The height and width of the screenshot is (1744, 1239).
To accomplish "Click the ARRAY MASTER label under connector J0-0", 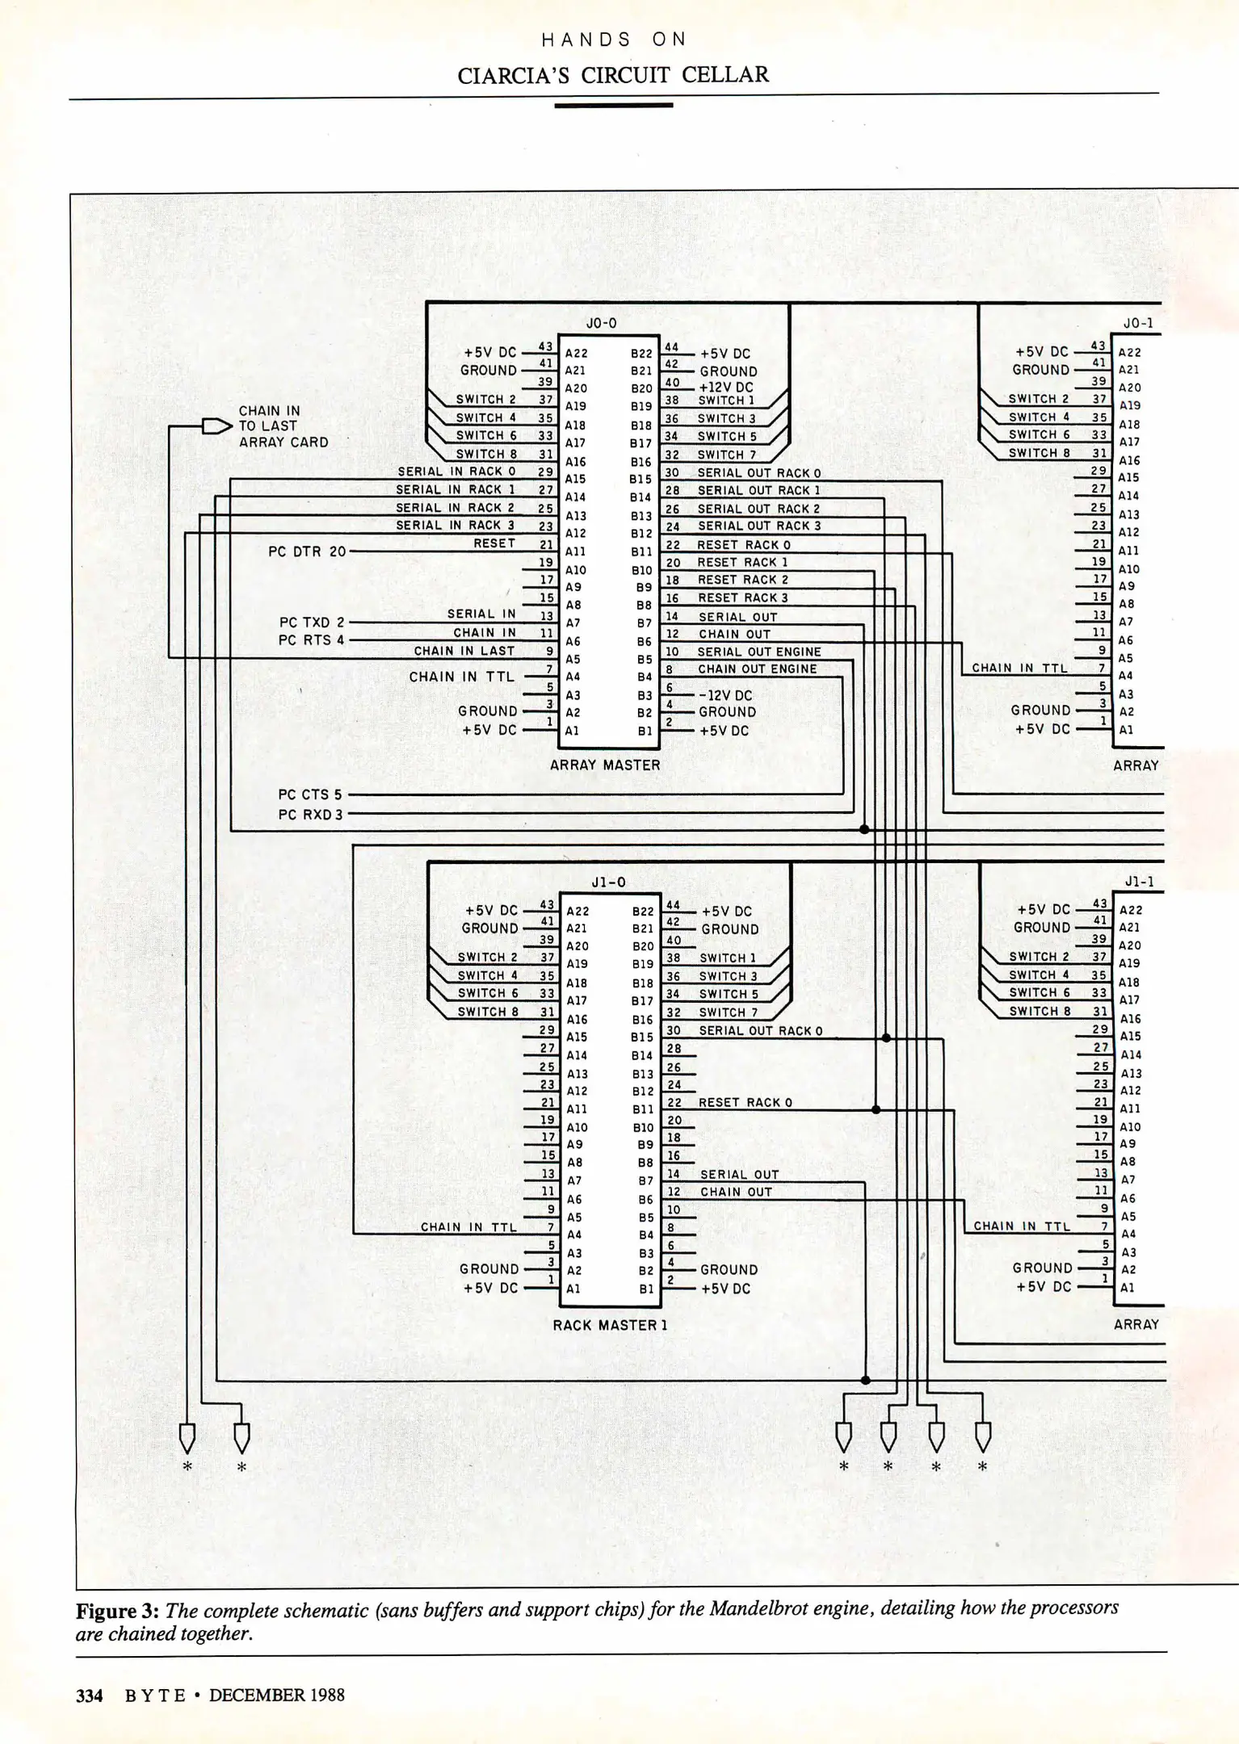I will pyautogui.click(x=605, y=765).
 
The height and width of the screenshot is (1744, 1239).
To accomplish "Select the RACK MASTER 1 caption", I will pyautogui.click(x=610, y=1325).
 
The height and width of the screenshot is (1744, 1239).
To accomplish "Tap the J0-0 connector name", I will pyautogui.click(x=601, y=323).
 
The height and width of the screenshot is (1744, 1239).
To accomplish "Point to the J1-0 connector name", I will pyautogui.click(x=608, y=882).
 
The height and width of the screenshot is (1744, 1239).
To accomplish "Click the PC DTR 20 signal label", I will pyautogui.click(x=307, y=551).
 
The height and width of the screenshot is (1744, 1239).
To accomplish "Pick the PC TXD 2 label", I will pyautogui.click(x=312, y=623).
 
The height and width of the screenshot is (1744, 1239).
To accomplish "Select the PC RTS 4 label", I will pyautogui.click(x=312, y=640).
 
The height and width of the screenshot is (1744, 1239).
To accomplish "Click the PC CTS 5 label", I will pyautogui.click(x=310, y=794).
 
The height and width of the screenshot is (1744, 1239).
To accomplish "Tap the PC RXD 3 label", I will pyautogui.click(x=311, y=815).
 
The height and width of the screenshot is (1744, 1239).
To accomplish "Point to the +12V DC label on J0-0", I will pyautogui.click(x=725, y=388).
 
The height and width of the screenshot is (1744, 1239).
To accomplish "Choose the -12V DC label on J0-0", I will pyautogui.click(x=724, y=695).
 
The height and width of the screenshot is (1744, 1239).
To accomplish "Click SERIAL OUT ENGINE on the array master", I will pyautogui.click(x=758, y=652).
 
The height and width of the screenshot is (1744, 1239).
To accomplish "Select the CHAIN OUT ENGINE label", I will pyautogui.click(x=757, y=669).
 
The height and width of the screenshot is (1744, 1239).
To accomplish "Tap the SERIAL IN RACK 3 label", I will pyautogui.click(x=455, y=526).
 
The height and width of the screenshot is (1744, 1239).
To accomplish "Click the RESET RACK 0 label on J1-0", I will pyautogui.click(x=745, y=1102).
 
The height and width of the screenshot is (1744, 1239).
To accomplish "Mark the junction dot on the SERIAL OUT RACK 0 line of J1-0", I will pyautogui.click(x=886, y=1038).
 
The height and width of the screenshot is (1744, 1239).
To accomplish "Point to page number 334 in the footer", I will pyautogui.click(x=90, y=1695).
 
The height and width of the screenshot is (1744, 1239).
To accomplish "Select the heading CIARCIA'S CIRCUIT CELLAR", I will pyautogui.click(x=613, y=75).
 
